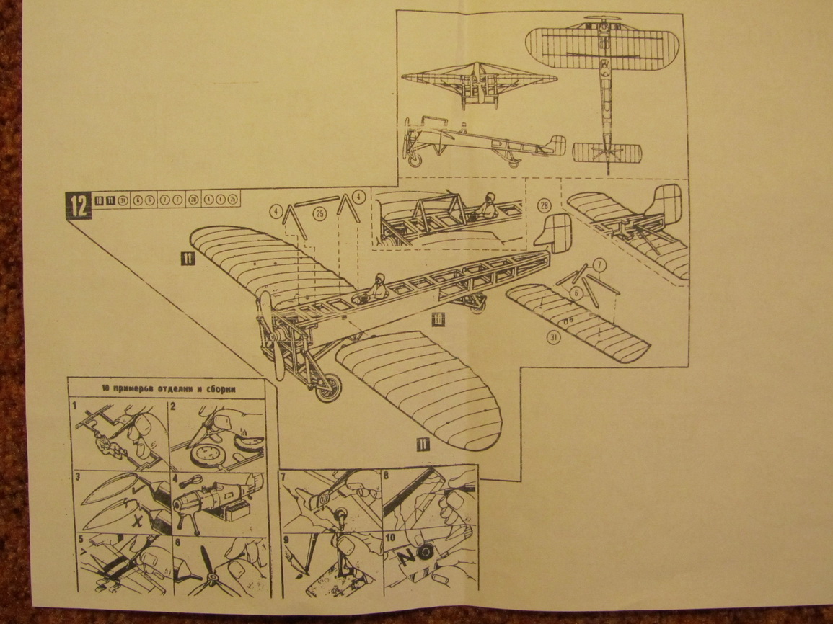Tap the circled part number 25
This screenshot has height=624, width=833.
320,213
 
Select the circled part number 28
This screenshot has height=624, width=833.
544,205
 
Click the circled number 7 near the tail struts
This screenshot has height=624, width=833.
599,265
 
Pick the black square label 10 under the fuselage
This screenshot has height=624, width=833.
438,317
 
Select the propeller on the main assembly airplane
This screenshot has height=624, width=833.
271,335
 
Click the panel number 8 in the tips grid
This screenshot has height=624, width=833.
387,476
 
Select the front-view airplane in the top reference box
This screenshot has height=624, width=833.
477,83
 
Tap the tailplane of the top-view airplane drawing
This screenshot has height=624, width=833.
607,153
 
